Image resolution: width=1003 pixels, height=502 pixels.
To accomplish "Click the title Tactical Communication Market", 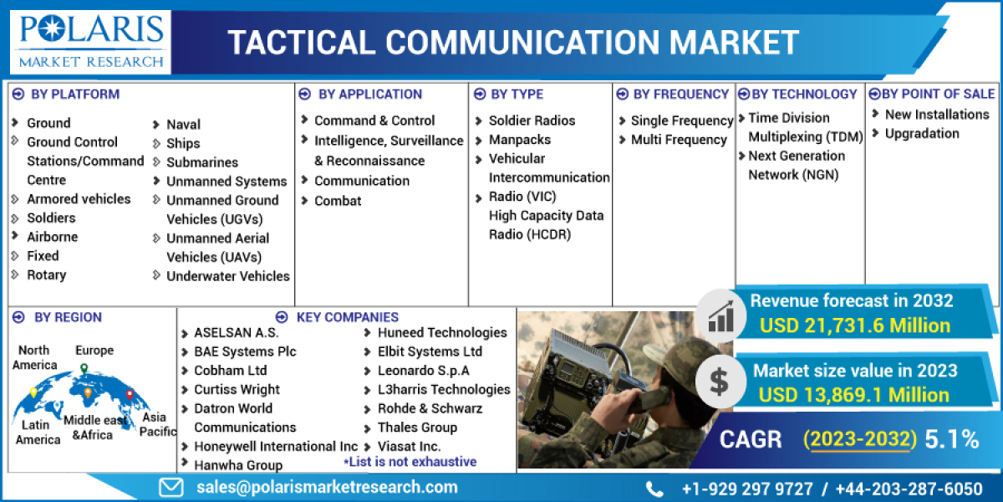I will point(513,43).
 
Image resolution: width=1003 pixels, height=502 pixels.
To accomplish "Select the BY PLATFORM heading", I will point(74,94).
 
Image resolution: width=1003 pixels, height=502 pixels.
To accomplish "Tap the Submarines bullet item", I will point(201,162).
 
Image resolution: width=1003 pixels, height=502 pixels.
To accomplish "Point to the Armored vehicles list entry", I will point(79,198).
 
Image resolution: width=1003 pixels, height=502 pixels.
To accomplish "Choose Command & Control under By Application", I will point(374,120).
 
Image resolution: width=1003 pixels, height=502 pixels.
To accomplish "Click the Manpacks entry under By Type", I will point(519,140).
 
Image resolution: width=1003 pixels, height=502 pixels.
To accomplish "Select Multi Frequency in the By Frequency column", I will point(679,140).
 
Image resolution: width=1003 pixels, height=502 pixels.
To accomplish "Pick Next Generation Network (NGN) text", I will point(796,165).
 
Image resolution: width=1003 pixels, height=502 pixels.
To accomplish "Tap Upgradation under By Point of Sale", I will point(922,133).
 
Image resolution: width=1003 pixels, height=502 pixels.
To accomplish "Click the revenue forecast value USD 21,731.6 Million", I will point(855,325).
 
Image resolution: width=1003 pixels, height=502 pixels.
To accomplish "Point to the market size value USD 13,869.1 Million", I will point(854,394).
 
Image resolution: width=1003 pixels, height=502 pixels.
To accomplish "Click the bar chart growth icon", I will point(720,315).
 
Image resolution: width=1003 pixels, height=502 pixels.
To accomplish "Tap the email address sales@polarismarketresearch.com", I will point(327,487).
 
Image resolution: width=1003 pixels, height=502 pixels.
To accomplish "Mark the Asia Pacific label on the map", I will point(155,423).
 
